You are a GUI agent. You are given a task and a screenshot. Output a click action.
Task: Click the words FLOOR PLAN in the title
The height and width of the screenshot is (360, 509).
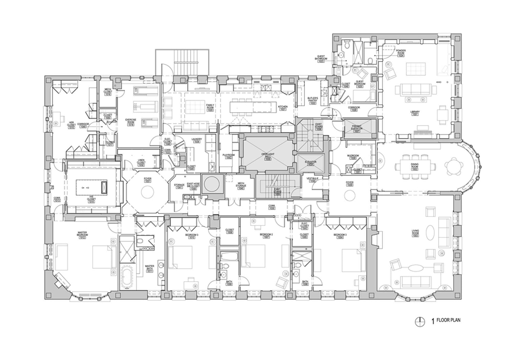pyautogui.click(x=448, y=320)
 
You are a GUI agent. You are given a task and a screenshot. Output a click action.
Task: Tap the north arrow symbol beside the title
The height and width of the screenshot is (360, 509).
pyautogui.click(x=420, y=321)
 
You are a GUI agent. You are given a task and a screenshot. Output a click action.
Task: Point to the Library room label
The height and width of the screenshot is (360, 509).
pyautogui.click(x=415, y=113)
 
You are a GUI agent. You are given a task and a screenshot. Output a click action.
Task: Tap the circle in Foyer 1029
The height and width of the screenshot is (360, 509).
pyautogui.click(x=350, y=195)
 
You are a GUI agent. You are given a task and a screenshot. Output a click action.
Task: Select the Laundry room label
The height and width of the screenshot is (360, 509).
pyautogui.click(x=196, y=140)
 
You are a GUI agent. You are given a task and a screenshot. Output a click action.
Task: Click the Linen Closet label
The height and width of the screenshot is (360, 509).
pyautogui.click(x=141, y=162)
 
